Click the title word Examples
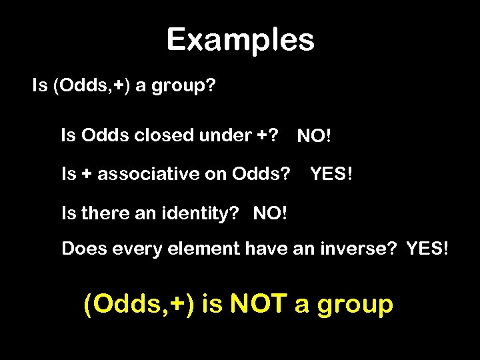tap(240, 40)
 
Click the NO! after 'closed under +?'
tap(314, 137)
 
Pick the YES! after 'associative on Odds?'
tap(331, 175)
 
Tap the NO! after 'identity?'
tap(271, 213)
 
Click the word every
tap(133, 249)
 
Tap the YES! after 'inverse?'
tap(427, 249)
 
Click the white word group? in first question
tap(183, 87)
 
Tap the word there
tap(103, 213)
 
